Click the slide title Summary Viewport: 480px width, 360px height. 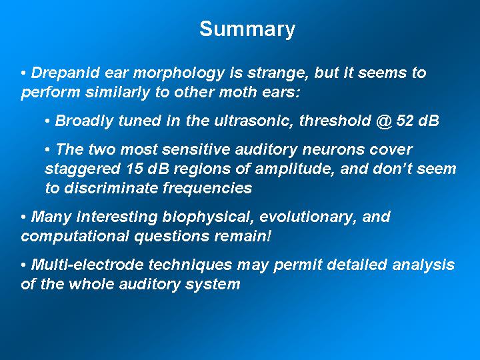[247, 29]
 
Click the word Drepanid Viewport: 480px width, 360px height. [65, 73]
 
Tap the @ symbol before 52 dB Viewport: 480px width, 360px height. [384, 121]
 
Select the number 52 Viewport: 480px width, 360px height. [405, 120]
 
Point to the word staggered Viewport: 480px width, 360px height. [83, 169]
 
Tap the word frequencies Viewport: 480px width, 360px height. [207, 189]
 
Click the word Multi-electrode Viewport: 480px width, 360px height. [87, 265]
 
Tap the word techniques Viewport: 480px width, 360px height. [190, 265]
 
